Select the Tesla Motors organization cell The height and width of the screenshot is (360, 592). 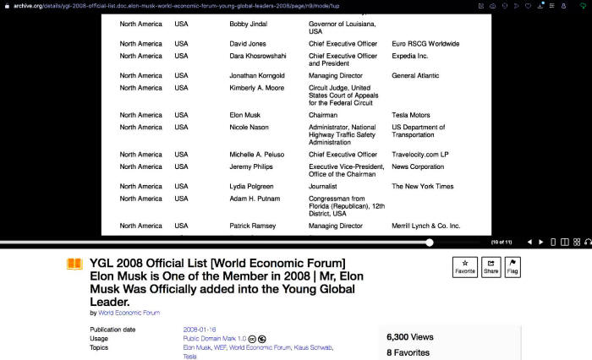[x=410, y=115]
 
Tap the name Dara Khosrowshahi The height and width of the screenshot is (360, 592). [x=257, y=56]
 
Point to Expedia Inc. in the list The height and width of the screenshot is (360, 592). [x=410, y=56]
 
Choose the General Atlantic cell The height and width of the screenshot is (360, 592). [x=416, y=75]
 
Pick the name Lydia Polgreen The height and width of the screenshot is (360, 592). [x=252, y=186]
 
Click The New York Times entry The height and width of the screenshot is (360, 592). [x=422, y=186]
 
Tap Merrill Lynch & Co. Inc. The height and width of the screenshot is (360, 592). [x=425, y=226]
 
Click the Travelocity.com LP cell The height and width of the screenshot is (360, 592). [x=419, y=155]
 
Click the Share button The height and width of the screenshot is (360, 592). [x=491, y=267]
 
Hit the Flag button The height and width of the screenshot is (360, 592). [x=513, y=267]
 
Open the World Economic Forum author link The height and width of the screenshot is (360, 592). [x=129, y=313]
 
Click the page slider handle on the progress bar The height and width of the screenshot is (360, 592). [x=430, y=243]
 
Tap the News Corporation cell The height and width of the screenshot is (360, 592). [x=418, y=166]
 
